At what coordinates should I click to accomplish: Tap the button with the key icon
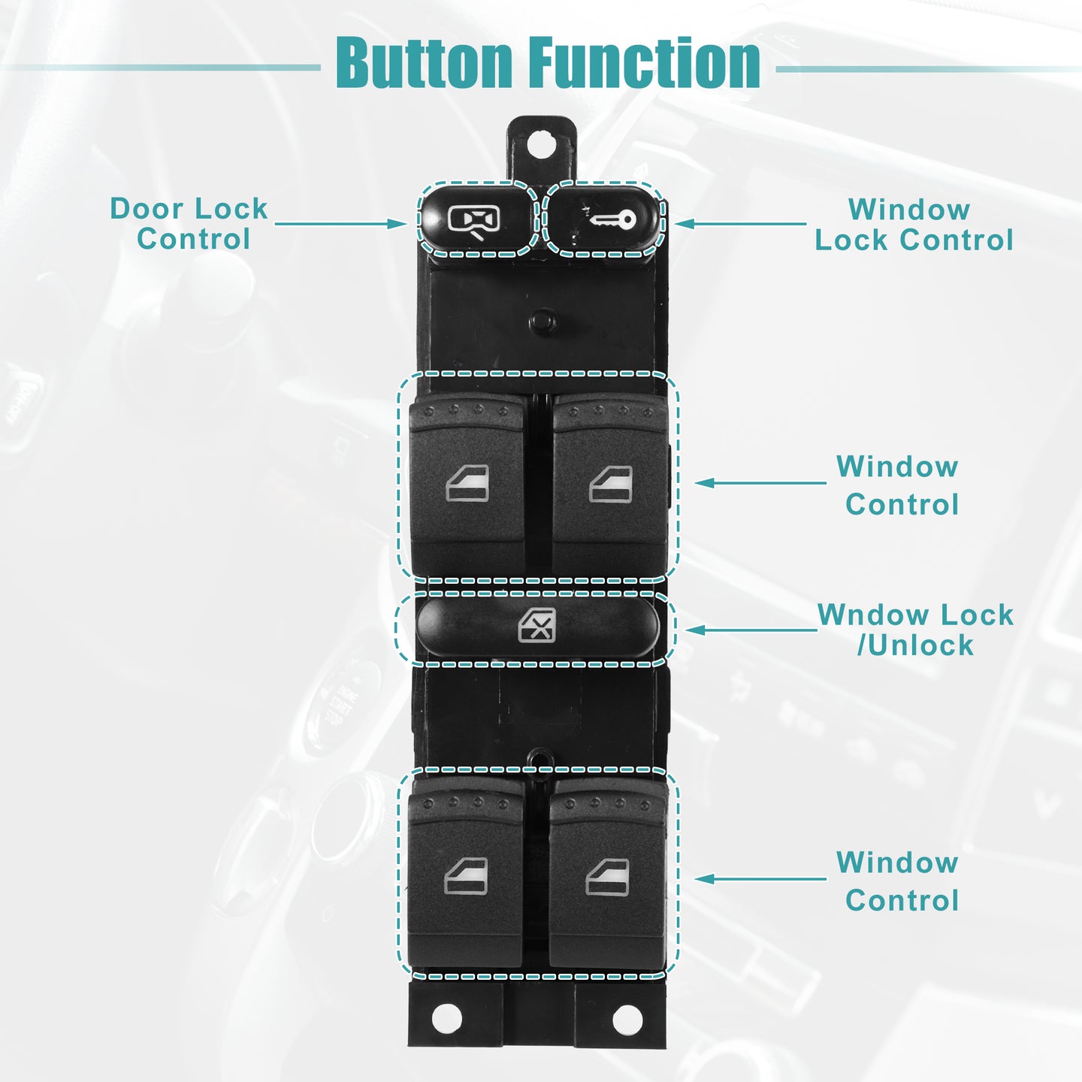pyautogui.click(x=606, y=219)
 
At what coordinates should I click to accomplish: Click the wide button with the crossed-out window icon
pyautogui.click(x=537, y=627)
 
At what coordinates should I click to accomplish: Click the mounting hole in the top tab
pyautogui.click(x=541, y=144)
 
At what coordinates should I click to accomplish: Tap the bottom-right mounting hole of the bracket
pyautogui.click(x=627, y=1019)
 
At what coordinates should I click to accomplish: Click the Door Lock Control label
pyautogui.click(x=189, y=223)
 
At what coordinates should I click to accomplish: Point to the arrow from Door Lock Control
pyautogui.click(x=340, y=224)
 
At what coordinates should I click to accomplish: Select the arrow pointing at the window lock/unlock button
pyautogui.click(x=751, y=630)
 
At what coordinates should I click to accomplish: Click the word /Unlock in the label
pyautogui.click(x=915, y=645)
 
